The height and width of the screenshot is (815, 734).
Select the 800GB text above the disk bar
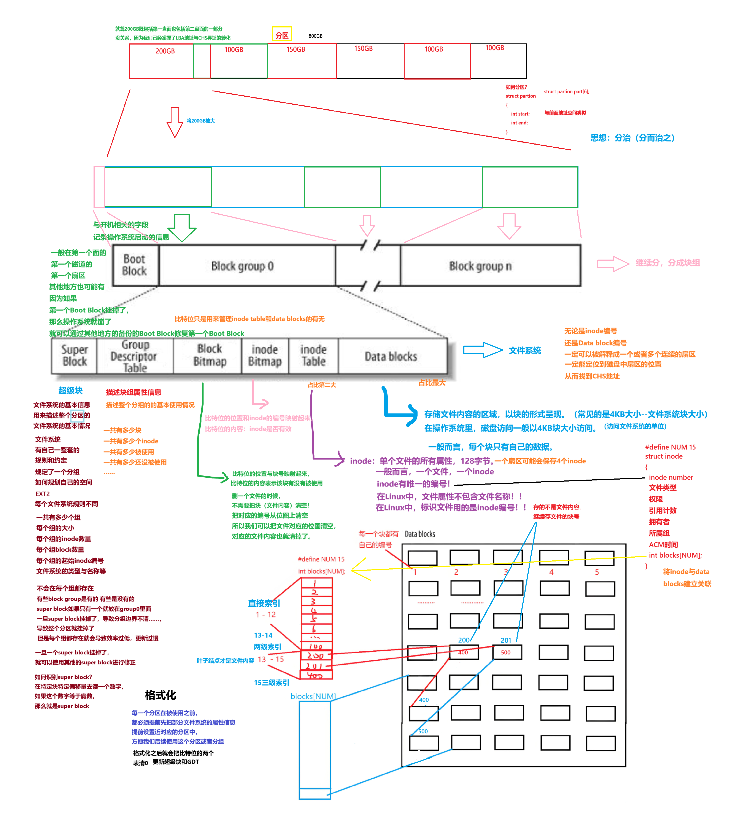[x=315, y=36]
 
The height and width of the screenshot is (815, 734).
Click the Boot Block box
[x=135, y=265]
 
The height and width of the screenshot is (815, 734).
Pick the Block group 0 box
[x=242, y=266]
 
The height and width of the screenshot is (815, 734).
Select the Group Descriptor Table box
[x=134, y=356]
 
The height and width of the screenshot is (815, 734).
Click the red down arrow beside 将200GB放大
[x=175, y=122]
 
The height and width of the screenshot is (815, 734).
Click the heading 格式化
[x=160, y=695]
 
